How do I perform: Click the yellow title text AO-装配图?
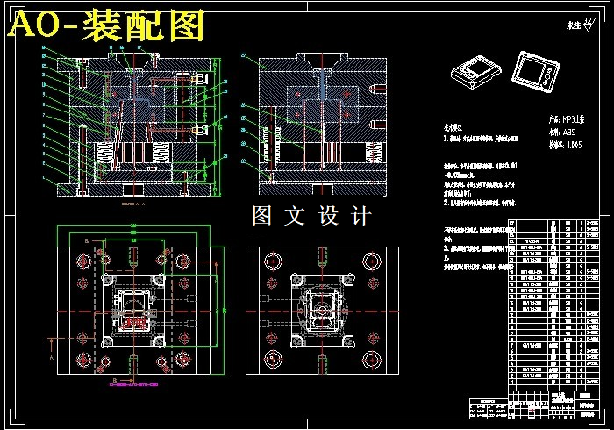[105, 26]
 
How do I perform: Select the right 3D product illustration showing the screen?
[537, 70]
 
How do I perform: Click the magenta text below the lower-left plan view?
[132, 384]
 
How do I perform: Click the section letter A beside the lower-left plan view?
[52, 358]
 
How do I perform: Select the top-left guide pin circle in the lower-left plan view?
[84, 262]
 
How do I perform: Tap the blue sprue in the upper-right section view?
[323, 88]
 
